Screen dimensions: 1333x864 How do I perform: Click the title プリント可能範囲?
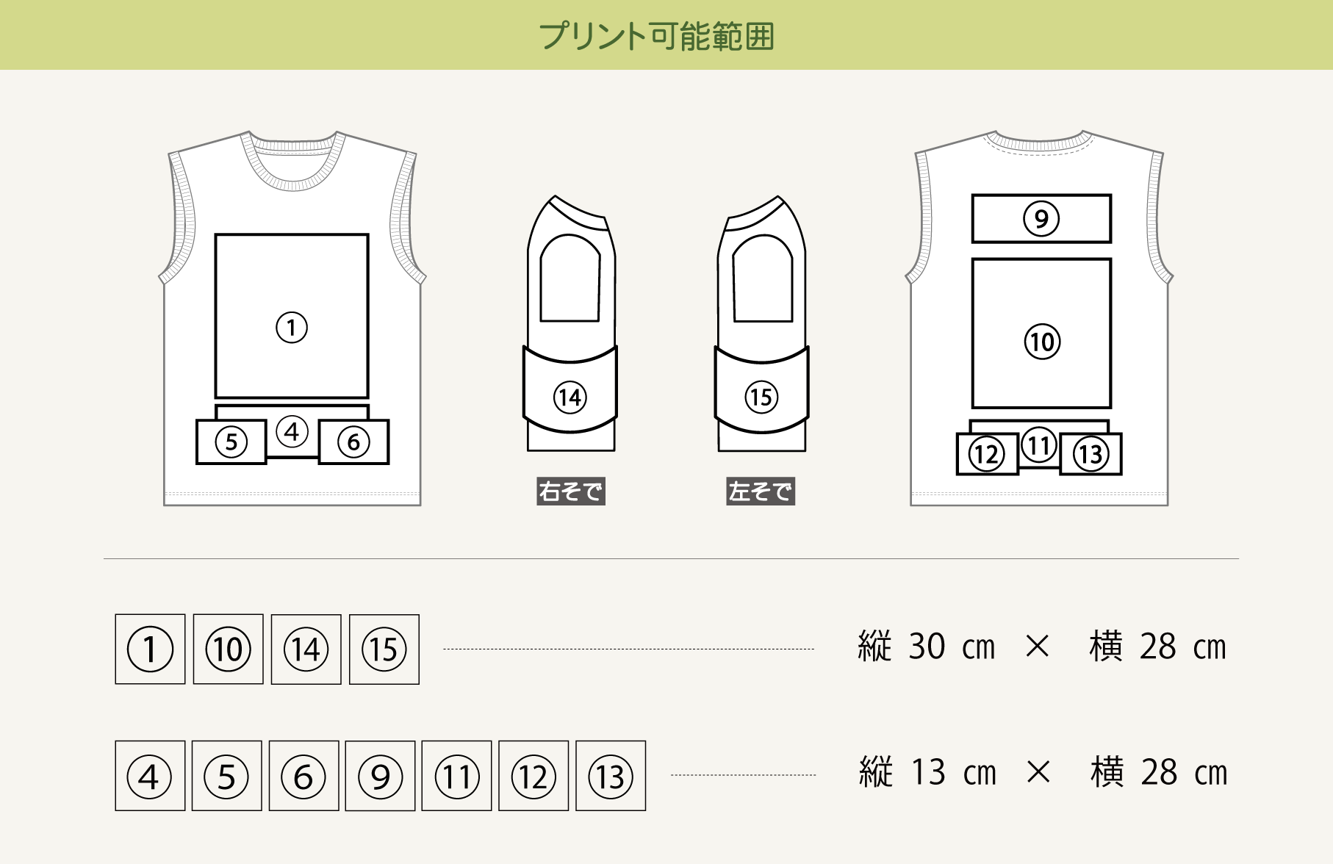pos(657,36)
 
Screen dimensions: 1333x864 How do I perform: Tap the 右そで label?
pos(571,491)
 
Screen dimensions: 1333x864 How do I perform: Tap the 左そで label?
pos(761,491)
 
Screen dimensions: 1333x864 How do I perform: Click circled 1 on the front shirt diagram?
pos(292,328)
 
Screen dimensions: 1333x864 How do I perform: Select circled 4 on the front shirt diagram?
pos(292,431)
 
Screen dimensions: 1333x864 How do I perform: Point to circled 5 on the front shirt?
pos(231,442)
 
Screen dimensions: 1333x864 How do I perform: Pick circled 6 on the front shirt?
pos(353,442)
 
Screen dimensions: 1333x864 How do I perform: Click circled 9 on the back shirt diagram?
pos(1041,218)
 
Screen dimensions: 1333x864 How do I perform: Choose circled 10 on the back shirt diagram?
pos(1042,342)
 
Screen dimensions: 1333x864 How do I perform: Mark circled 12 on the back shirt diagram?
pos(986,454)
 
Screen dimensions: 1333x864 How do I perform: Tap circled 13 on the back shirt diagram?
pos(1091,454)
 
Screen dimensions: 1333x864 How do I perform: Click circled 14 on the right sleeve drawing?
pos(570,397)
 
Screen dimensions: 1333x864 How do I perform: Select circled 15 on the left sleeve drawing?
pos(761,397)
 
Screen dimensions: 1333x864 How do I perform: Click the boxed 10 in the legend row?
pos(229,649)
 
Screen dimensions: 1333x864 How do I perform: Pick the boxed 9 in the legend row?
pos(380,776)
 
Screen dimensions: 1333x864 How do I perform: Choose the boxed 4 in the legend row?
pos(150,776)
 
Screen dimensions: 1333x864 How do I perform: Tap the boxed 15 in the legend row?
pos(384,649)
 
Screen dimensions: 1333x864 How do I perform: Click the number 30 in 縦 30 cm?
pos(927,647)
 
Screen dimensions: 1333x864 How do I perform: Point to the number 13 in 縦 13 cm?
pos(928,773)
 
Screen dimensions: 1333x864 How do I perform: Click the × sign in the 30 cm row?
pos(1037,647)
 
